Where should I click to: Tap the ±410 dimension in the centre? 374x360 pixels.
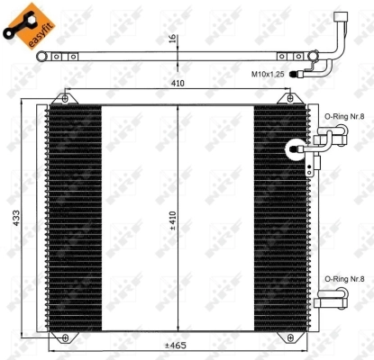pyautogui.click(x=181, y=221)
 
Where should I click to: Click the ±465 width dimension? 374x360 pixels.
pyautogui.click(x=175, y=346)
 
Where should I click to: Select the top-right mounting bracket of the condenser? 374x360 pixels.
pyautogui.click(x=290, y=98)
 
